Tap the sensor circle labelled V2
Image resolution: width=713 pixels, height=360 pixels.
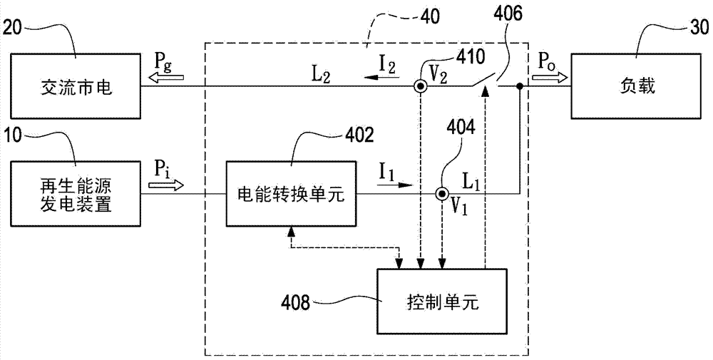pos(421,87)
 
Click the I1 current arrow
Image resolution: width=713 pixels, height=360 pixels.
pos(396,185)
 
